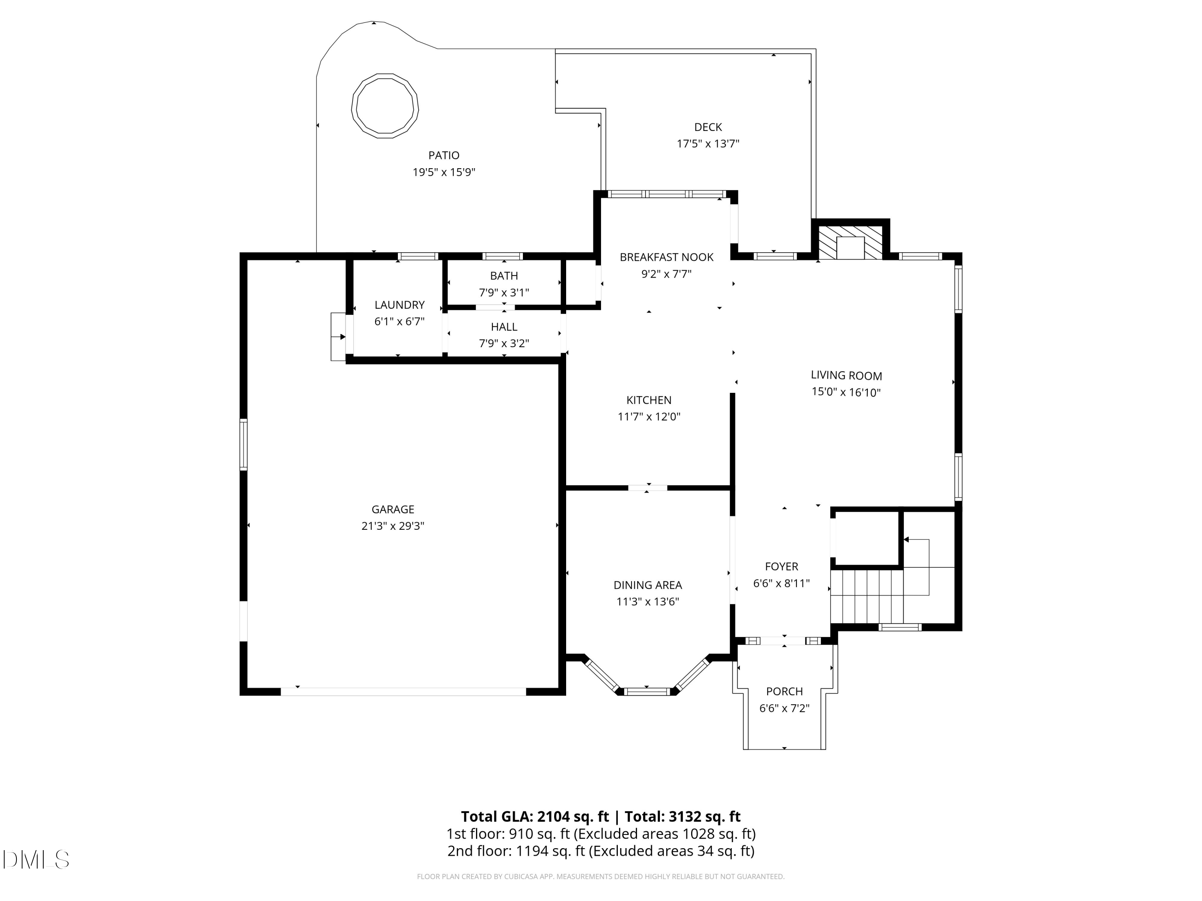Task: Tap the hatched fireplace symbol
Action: [851, 243]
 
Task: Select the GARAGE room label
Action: [393, 509]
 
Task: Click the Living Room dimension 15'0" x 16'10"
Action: [846, 392]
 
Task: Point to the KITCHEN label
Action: [649, 400]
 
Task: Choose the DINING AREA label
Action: [648, 585]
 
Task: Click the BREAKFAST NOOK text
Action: [667, 257]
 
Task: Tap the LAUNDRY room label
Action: [399, 305]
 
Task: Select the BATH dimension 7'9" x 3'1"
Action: [504, 293]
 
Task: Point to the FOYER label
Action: [781, 567]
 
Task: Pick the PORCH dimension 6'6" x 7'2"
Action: [784, 708]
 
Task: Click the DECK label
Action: [708, 127]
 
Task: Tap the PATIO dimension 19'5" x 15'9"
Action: [444, 172]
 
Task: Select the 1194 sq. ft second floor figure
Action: [551, 851]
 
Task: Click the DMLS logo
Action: [36, 860]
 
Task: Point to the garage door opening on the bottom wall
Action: [403, 691]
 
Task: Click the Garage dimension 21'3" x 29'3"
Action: [393, 526]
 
